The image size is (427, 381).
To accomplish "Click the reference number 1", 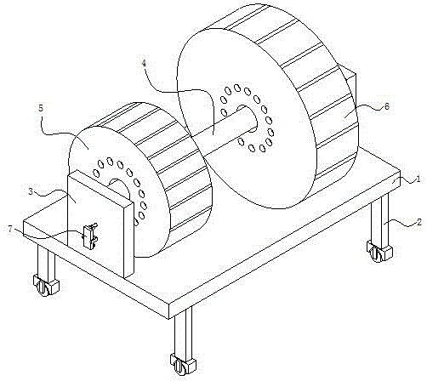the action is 418,179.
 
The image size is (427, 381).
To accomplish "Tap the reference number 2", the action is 419,222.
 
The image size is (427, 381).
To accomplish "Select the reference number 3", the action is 31,191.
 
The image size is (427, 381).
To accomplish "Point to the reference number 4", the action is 145,64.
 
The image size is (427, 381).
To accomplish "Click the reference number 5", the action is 41,108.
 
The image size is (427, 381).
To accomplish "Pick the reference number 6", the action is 387,106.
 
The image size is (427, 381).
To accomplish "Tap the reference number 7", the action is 10,229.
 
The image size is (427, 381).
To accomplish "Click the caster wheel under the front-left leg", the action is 46,285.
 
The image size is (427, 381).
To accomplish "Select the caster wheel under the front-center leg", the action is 183,364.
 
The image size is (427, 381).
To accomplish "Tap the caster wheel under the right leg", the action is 379,251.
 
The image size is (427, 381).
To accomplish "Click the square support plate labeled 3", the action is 100,225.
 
